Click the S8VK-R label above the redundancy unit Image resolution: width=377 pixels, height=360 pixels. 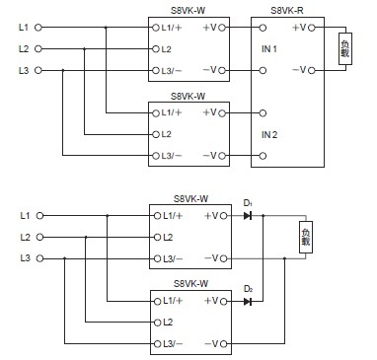click(286, 9)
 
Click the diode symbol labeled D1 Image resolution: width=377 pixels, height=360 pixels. click(248, 216)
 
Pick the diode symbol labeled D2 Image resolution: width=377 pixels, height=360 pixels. click(248, 300)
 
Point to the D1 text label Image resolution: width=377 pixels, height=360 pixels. click(248, 204)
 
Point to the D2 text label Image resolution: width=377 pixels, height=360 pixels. click(248, 288)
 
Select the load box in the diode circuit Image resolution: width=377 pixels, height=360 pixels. click(306, 237)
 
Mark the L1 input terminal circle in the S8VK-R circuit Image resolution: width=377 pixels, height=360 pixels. click(38, 26)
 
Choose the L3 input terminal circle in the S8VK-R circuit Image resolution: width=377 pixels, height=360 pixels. click(38, 70)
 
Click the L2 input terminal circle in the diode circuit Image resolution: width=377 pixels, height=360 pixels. click(38, 238)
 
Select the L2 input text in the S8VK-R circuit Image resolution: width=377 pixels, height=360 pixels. click(24, 48)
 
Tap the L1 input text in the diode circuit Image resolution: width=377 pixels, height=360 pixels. click(24, 216)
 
